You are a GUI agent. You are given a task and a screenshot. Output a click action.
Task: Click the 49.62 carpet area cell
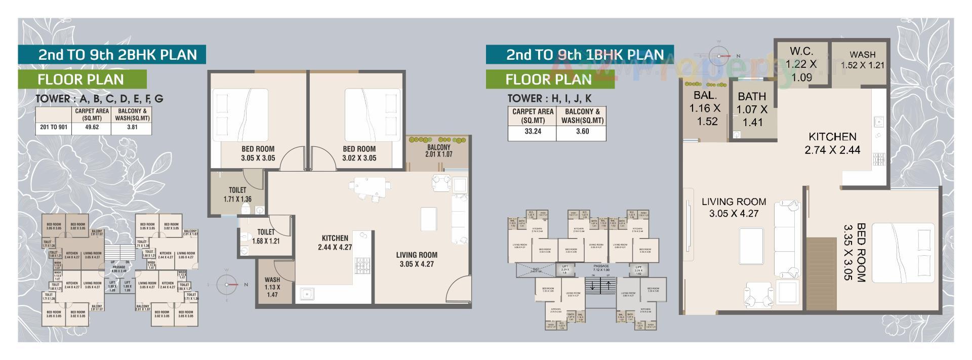(92, 128)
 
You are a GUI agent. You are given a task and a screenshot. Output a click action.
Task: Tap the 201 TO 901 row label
(53, 128)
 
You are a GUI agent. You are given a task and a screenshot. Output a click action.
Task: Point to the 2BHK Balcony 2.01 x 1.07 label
(438, 151)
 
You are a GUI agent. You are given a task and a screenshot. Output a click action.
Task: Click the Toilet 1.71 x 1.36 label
(237, 195)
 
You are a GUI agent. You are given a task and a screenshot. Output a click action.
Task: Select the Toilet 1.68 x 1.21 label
(266, 236)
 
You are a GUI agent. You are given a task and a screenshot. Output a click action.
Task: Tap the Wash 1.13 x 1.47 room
(272, 287)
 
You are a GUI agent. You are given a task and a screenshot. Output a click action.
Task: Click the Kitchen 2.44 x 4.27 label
(335, 243)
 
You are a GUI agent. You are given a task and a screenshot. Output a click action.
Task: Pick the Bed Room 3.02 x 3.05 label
(359, 153)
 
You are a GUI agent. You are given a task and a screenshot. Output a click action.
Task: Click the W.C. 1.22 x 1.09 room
(801, 64)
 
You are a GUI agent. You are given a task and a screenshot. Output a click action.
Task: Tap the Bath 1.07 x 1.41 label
(752, 109)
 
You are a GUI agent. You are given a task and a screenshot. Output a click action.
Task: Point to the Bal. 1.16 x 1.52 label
(705, 108)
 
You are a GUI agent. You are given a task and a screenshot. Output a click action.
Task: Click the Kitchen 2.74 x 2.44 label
(832, 143)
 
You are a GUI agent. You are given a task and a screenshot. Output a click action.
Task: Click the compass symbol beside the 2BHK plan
(227, 285)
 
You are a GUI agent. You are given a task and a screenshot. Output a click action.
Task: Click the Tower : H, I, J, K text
(549, 98)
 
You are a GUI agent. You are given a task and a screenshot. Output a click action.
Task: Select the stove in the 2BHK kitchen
(362, 266)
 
